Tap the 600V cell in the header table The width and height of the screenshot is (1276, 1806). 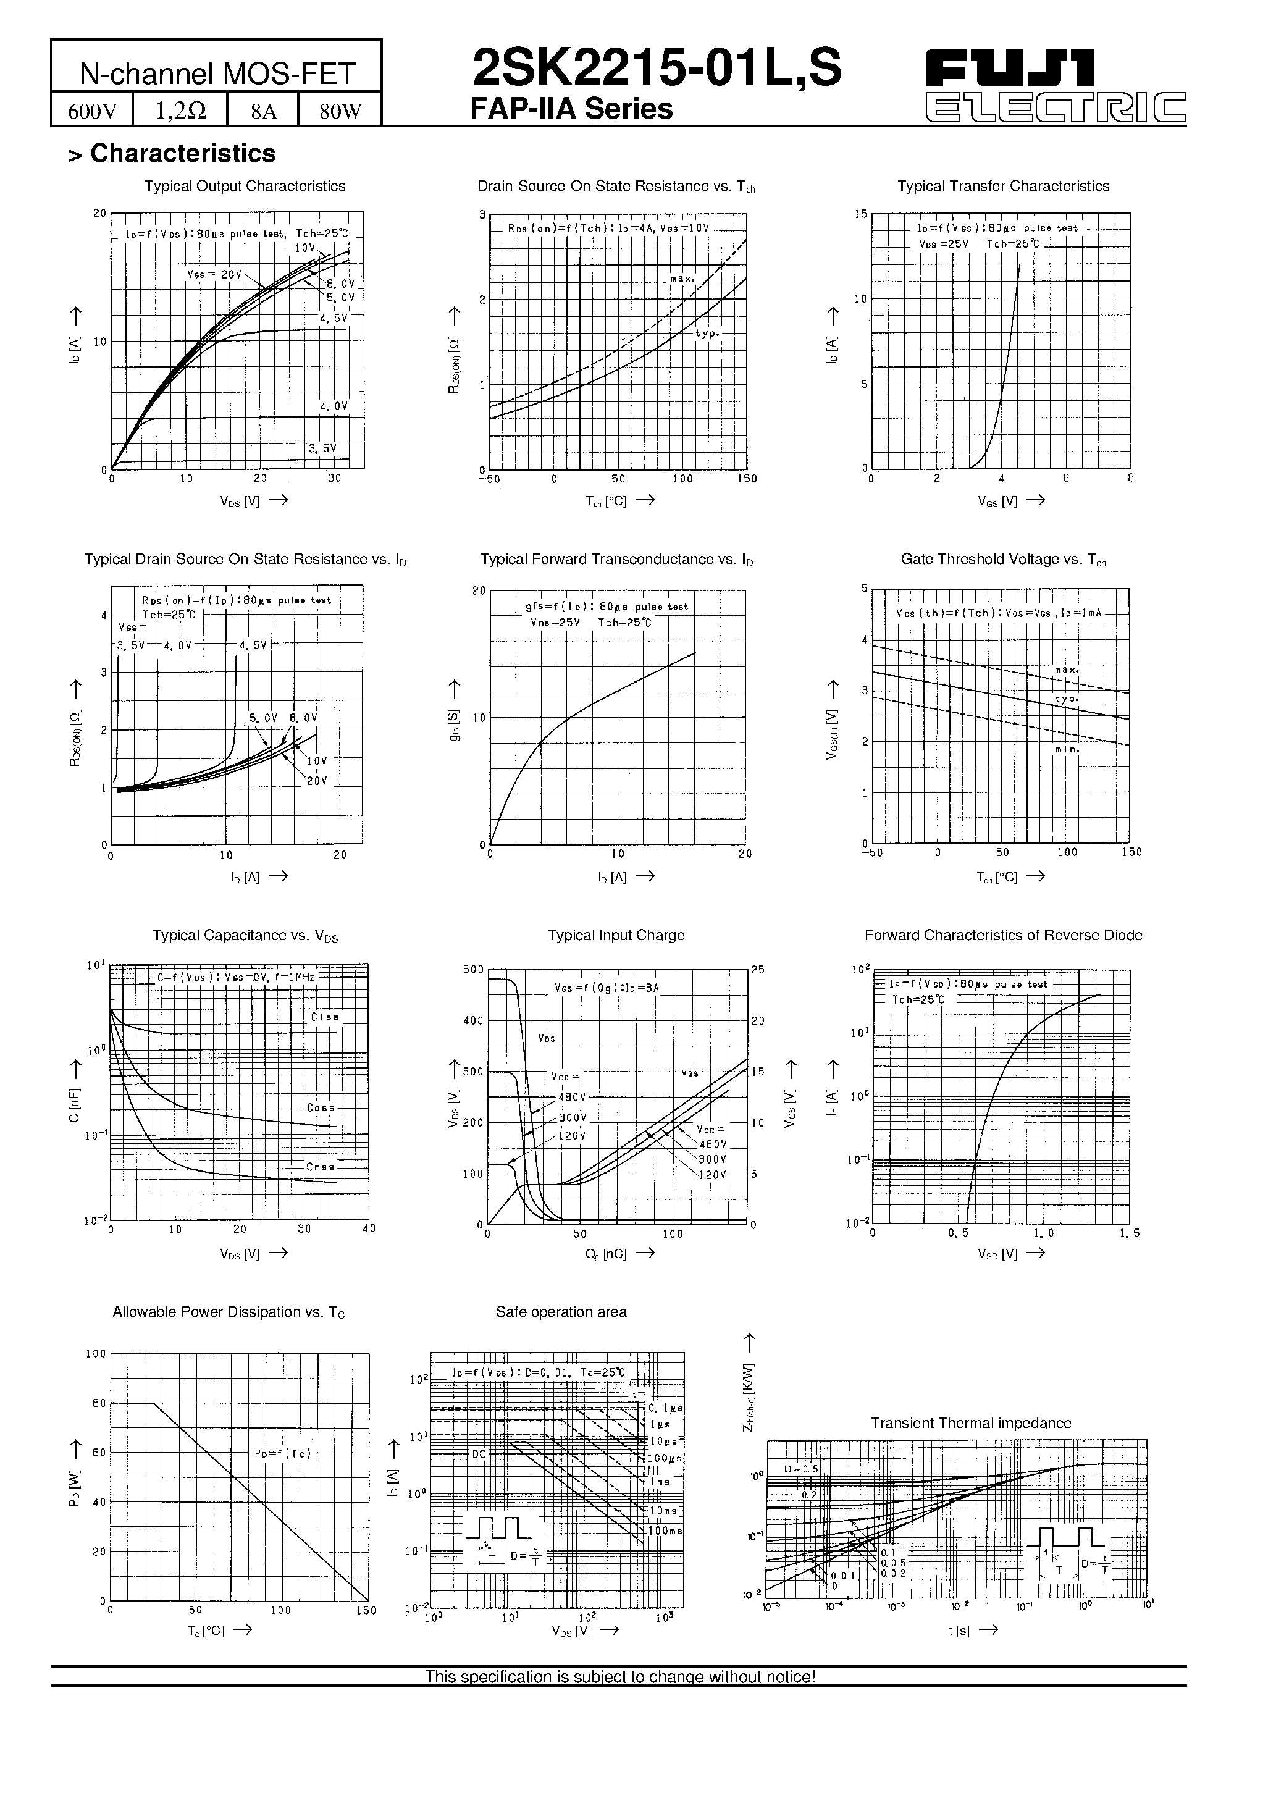[x=92, y=111]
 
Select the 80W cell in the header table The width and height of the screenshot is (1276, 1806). [x=340, y=111]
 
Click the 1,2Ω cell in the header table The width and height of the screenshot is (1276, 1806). [x=180, y=111]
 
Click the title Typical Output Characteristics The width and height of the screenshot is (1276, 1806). [x=245, y=187]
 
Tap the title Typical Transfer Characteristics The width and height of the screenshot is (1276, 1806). [x=1003, y=187]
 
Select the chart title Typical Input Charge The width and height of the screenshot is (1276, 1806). [x=616, y=935]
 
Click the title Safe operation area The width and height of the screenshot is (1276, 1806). [x=561, y=1312]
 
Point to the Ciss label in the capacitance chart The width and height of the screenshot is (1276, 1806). [x=325, y=1017]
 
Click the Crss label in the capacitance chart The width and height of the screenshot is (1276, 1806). [x=320, y=1167]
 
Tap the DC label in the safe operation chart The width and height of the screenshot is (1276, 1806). [x=479, y=1455]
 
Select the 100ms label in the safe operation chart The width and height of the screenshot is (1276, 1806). [x=665, y=1531]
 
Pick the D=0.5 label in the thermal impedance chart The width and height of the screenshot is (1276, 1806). [x=801, y=1469]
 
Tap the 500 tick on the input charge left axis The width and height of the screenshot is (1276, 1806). [x=473, y=970]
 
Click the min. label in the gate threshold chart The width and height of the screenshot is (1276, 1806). [x=1067, y=750]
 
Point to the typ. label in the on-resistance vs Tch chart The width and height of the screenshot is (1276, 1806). [x=707, y=334]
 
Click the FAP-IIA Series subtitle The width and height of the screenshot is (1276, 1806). [x=571, y=109]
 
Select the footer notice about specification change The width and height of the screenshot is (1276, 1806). [x=620, y=1677]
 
